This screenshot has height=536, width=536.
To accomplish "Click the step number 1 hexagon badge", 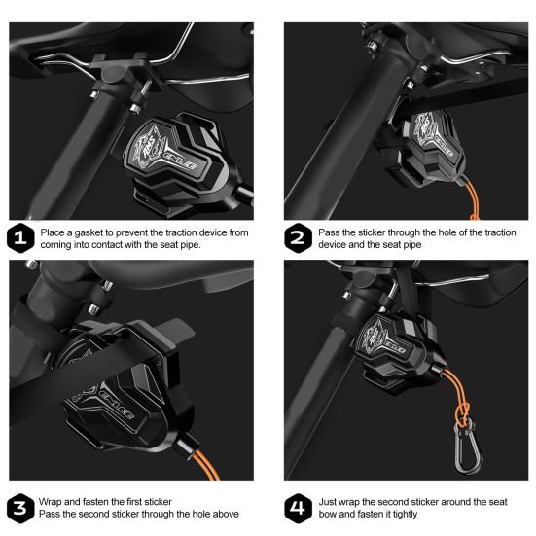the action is pos(20,238).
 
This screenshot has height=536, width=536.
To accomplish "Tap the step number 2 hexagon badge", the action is pos(298,238).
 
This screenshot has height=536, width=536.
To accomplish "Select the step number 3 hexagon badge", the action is pos(20,509).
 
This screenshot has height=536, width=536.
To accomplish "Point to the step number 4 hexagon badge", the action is pos(298,509).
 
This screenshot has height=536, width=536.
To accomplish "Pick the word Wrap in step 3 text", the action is pos(51,503).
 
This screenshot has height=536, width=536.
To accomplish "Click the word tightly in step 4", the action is pos(405,515).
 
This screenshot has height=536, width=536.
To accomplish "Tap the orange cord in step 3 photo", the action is pos(206,465).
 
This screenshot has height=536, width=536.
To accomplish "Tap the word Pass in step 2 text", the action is pos(329,232).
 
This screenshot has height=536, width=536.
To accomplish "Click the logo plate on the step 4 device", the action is pos(384,339).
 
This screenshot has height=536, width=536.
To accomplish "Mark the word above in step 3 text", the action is pos(226,514).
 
